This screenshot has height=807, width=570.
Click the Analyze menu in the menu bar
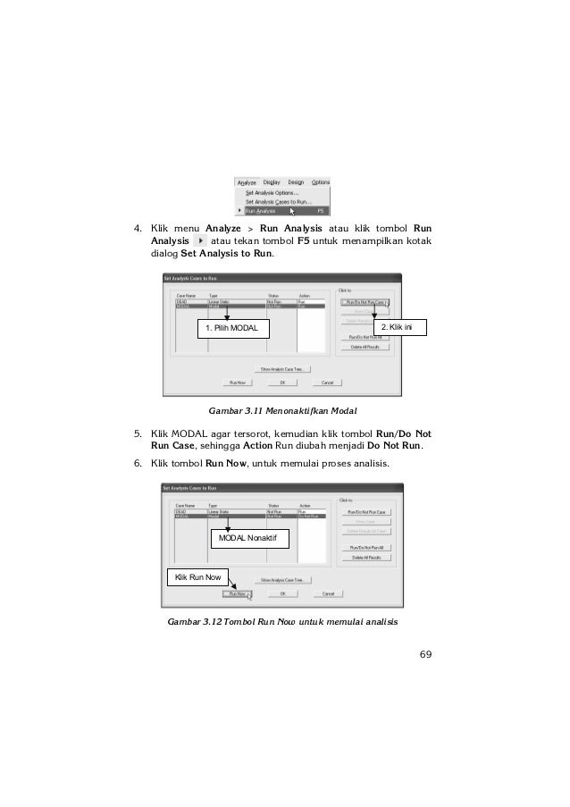point(247,182)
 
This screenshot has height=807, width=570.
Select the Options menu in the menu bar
point(321,182)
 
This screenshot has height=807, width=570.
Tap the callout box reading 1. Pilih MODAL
point(232,330)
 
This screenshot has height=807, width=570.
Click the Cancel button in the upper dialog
point(327,383)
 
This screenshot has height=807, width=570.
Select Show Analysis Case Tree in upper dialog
point(285,368)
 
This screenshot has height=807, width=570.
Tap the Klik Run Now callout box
point(198,577)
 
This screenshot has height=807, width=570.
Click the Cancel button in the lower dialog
point(328,593)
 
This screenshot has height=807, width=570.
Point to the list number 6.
point(138,464)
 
